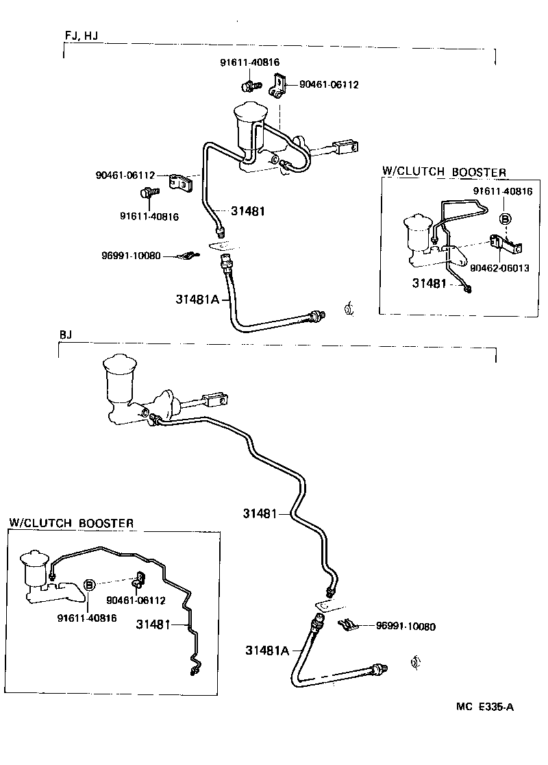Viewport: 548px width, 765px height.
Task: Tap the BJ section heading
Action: click(66, 335)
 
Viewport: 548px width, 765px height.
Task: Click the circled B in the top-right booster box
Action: click(505, 219)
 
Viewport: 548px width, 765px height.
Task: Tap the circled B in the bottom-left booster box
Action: click(88, 585)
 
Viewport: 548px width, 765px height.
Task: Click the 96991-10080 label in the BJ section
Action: click(406, 626)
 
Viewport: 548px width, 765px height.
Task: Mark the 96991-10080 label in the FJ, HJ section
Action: click(130, 256)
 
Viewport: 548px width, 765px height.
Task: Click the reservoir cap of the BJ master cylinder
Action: click(119, 365)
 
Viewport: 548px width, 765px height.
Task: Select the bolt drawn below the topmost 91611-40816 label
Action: click(249, 86)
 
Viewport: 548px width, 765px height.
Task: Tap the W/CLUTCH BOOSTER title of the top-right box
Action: click(443, 172)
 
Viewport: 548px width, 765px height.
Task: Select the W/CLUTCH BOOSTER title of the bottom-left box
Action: click(71, 523)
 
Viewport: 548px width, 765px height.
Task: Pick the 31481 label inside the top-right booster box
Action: click(429, 282)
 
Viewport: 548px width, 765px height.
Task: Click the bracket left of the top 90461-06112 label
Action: click(278, 85)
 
